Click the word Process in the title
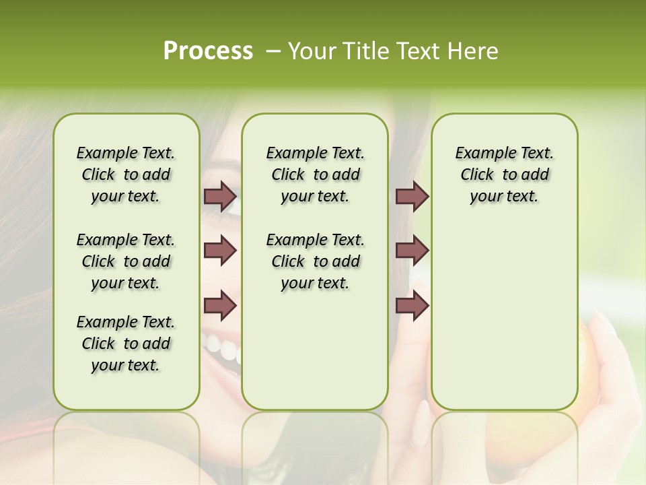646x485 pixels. click(208, 51)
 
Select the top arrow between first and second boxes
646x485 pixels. click(220, 196)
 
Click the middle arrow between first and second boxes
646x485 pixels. click(220, 251)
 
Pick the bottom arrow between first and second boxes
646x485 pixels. click(220, 306)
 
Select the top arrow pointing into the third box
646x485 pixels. click(412, 196)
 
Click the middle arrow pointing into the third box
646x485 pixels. click(412, 251)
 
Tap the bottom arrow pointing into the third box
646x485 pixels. click(412, 306)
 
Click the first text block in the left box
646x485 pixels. click(126, 174)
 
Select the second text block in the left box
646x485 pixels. click(126, 261)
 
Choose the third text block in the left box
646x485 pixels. click(126, 344)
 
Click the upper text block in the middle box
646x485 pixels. click(315, 174)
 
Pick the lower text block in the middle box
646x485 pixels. click(315, 261)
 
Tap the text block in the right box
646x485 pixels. click(505, 174)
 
